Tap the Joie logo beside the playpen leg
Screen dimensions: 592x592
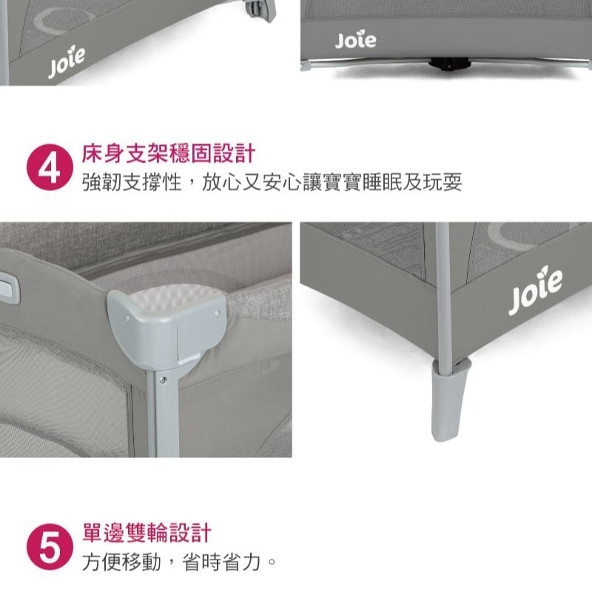[535, 292]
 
